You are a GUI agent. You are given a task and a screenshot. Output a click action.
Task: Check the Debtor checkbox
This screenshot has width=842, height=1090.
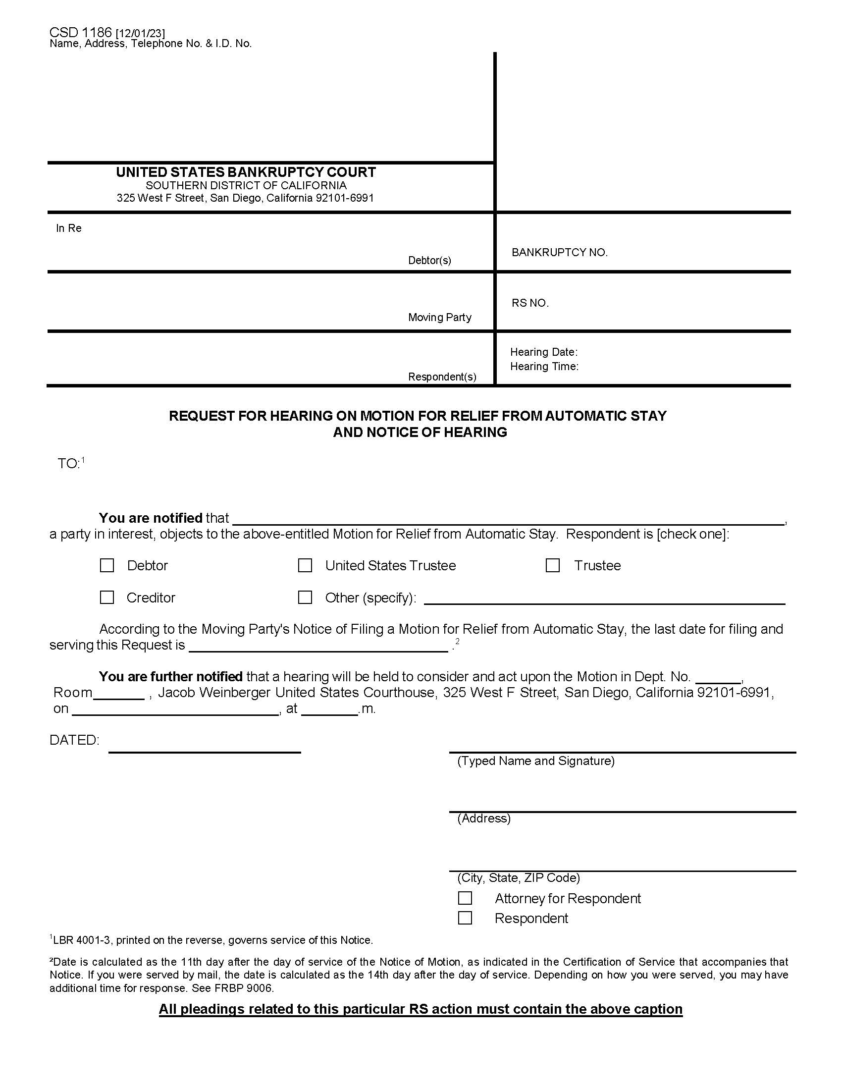(x=107, y=565)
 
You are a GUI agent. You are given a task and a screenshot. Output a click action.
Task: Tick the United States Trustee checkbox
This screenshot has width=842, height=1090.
(x=305, y=565)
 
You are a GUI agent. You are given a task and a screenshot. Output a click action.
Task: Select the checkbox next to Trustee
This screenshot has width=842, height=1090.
(x=552, y=565)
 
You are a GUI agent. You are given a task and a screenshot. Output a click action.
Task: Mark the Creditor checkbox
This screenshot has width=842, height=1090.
(x=107, y=598)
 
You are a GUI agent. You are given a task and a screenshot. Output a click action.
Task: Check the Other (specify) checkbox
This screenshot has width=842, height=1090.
(x=305, y=598)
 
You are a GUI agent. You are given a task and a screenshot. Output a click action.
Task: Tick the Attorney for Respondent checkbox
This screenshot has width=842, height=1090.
(x=465, y=898)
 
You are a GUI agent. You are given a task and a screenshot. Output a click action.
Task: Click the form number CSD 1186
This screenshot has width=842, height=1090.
(x=80, y=32)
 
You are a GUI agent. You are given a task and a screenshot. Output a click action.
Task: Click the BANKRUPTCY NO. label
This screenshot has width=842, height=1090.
(x=559, y=253)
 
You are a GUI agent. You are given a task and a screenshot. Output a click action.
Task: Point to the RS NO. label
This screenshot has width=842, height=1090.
(x=530, y=303)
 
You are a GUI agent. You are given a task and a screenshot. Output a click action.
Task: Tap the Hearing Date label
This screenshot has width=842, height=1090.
(x=543, y=352)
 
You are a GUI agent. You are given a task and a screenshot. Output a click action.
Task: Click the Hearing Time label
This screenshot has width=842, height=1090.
(x=544, y=366)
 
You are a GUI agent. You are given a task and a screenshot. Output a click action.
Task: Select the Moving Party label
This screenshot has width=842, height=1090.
(x=439, y=318)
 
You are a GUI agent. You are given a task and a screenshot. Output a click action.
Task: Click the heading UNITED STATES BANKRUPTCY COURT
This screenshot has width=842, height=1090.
(x=246, y=172)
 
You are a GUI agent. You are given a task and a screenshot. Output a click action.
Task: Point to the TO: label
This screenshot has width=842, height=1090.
(x=69, y=464)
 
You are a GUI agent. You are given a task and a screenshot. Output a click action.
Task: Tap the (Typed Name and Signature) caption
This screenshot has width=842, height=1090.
(x=536, y=761)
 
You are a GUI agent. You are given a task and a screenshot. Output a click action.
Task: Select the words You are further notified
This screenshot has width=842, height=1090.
(x=170, y=677)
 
